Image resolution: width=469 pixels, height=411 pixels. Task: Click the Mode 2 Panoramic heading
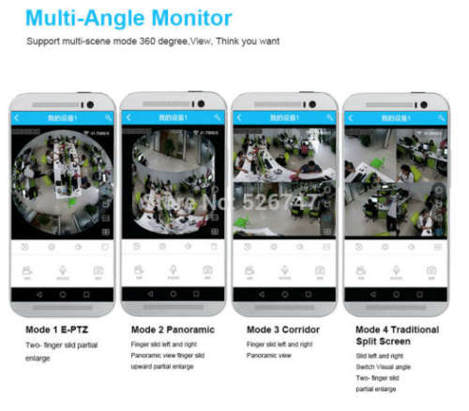(174, 330)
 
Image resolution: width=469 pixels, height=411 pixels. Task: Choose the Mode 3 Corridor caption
(282, 330)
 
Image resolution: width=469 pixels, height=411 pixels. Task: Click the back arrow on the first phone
(18, 117)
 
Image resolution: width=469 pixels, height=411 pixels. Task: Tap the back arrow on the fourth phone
(350, 117)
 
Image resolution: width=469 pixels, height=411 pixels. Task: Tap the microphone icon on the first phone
(62, 270)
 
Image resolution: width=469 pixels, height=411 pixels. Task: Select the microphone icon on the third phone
(283, 270)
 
